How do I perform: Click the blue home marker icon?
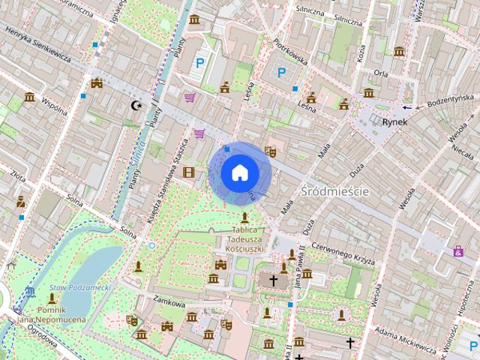tap(240, 173)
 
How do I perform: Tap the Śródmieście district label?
tap(334, 191)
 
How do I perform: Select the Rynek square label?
tap(394, 121)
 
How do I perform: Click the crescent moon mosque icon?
tap(136, 106)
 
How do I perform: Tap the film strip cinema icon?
tap(188, 172)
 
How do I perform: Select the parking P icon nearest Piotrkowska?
tap(282, 73)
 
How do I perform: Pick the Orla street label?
tap(381, 74)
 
